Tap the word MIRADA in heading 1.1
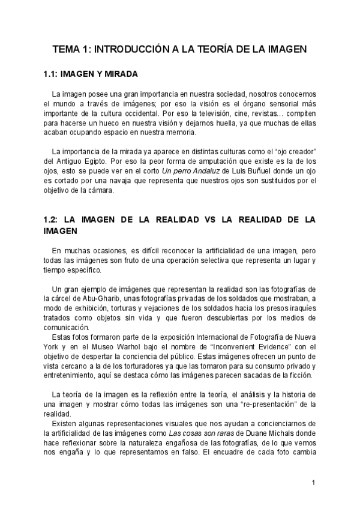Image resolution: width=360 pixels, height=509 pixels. tap(119, 74)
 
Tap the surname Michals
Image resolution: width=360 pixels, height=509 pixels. tap(279, 433)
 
